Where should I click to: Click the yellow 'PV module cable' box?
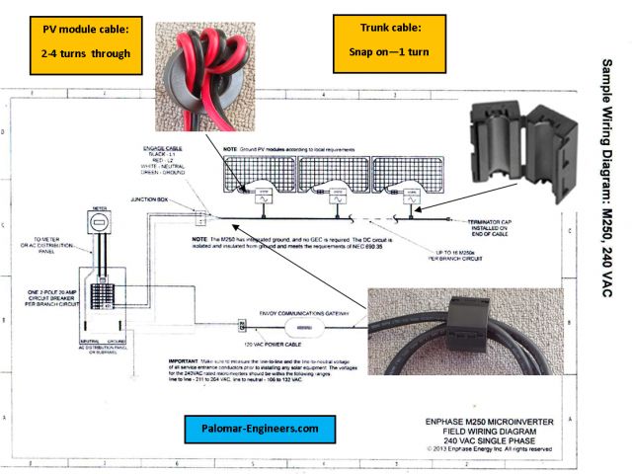[86, 40]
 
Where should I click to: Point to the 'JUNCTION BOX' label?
[162, 198]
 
